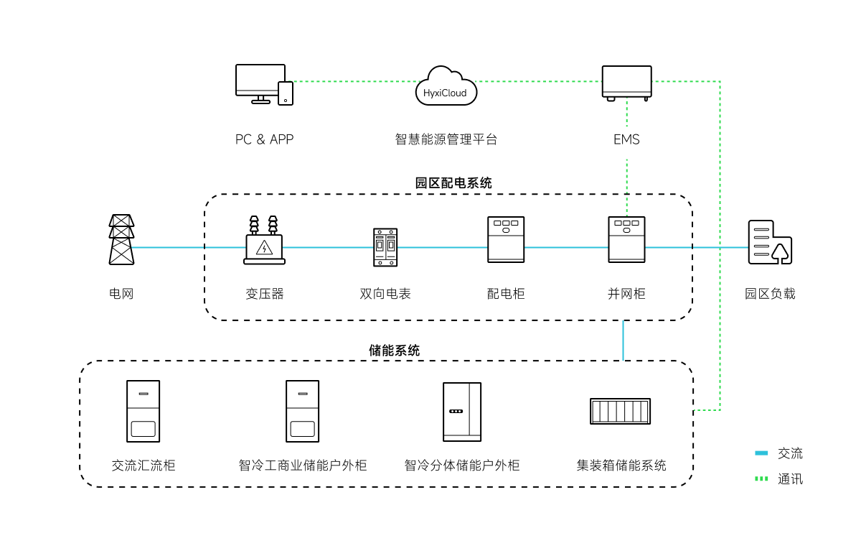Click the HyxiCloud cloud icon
tap(446, 85)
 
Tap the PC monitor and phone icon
tap(264, 83)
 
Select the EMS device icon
tap(626, 83)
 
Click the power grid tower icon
tap(121, 239)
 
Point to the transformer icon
tap(264, 240)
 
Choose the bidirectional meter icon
tap(385, 247)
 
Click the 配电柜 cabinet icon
tap(506, 239)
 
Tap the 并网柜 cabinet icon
tap(626, 239)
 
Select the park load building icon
tap(770, 243)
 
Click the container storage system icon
tap(621, 412)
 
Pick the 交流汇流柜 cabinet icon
tap(143, 411)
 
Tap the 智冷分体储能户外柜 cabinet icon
tap(462, 412)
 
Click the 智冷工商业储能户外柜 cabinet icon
tap(302, 411)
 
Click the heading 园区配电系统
tap(453, 182)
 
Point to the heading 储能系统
tap(394, 351)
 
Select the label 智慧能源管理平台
tap(446, 139)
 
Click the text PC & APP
tap(264, 139)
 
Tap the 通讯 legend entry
tap(780, 478)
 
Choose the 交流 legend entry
tap(780, 453)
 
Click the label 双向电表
tap(385, 294)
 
